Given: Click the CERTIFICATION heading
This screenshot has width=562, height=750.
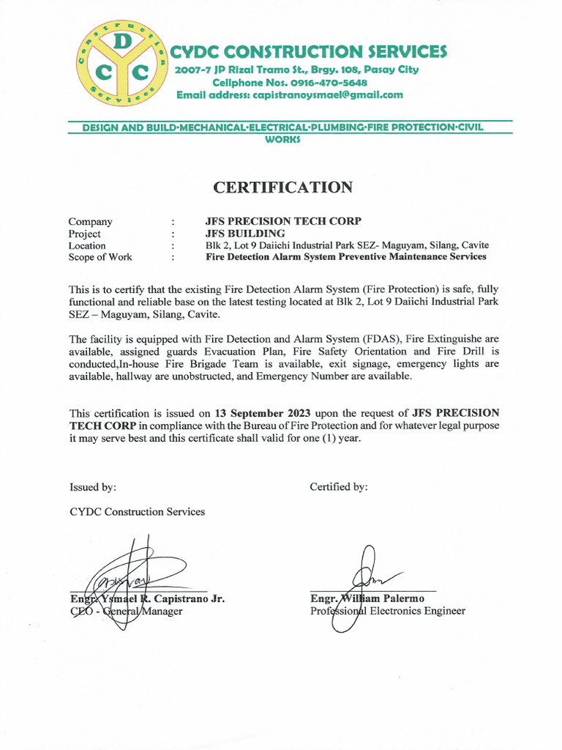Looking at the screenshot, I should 282,187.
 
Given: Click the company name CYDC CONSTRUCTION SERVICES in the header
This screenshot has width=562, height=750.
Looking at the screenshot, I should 308,52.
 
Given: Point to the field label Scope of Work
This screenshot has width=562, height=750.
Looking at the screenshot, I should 100,257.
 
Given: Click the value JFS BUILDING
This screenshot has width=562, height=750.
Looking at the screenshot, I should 245,234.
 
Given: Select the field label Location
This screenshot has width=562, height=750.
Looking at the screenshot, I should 87,245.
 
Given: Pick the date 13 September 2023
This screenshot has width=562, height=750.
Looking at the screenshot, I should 262,412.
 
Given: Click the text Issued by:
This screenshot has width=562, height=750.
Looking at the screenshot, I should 93,487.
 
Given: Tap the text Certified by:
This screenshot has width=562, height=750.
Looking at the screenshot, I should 339,487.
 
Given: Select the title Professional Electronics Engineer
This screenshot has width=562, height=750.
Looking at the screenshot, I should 387,611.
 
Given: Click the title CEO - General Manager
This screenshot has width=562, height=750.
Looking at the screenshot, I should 126,611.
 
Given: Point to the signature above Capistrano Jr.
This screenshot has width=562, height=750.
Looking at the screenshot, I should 132,575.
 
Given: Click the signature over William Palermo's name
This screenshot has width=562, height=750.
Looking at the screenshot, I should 366,579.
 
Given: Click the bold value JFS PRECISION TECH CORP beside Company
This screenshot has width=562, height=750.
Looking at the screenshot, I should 283,221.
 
